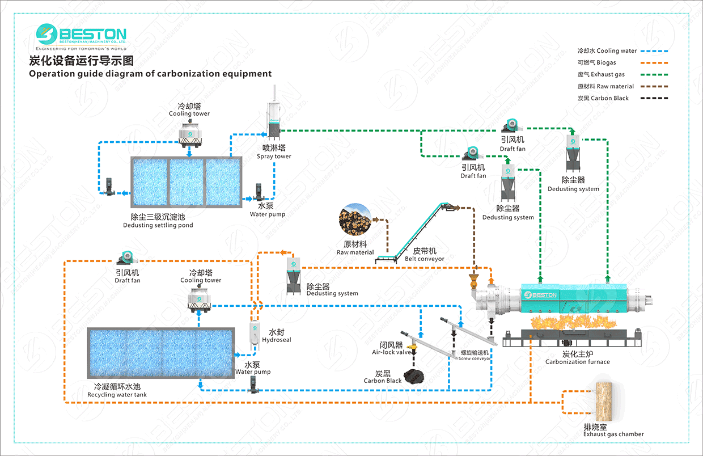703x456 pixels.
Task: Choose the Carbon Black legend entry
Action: click(x=603, y=98)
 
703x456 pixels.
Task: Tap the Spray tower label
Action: click(x=274, y=157)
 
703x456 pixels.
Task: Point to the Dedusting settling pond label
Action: click(x=158, y=225)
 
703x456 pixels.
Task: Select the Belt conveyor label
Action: click(x=425, y=259)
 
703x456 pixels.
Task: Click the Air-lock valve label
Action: click(x=391, y=352)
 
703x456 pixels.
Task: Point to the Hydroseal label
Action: click(x=277, y=340)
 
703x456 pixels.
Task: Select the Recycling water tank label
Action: click(x=117, y=395)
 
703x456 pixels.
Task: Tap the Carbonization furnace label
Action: click(x=578, y=362)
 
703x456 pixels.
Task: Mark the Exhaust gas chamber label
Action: click(x=613, y=434)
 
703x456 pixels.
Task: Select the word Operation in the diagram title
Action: click(x=51, y=74)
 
